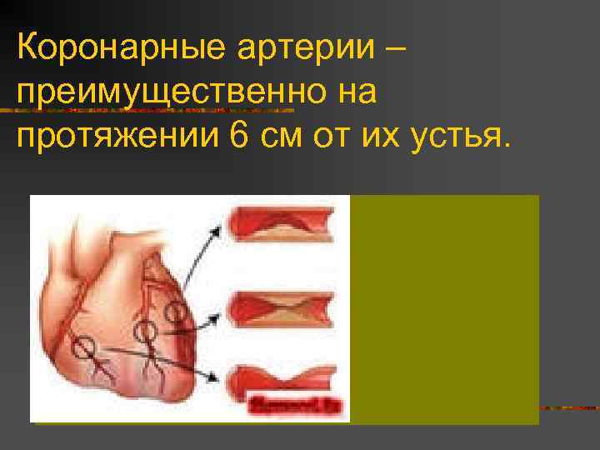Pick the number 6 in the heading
[237, 135]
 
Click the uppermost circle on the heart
[176, 313]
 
